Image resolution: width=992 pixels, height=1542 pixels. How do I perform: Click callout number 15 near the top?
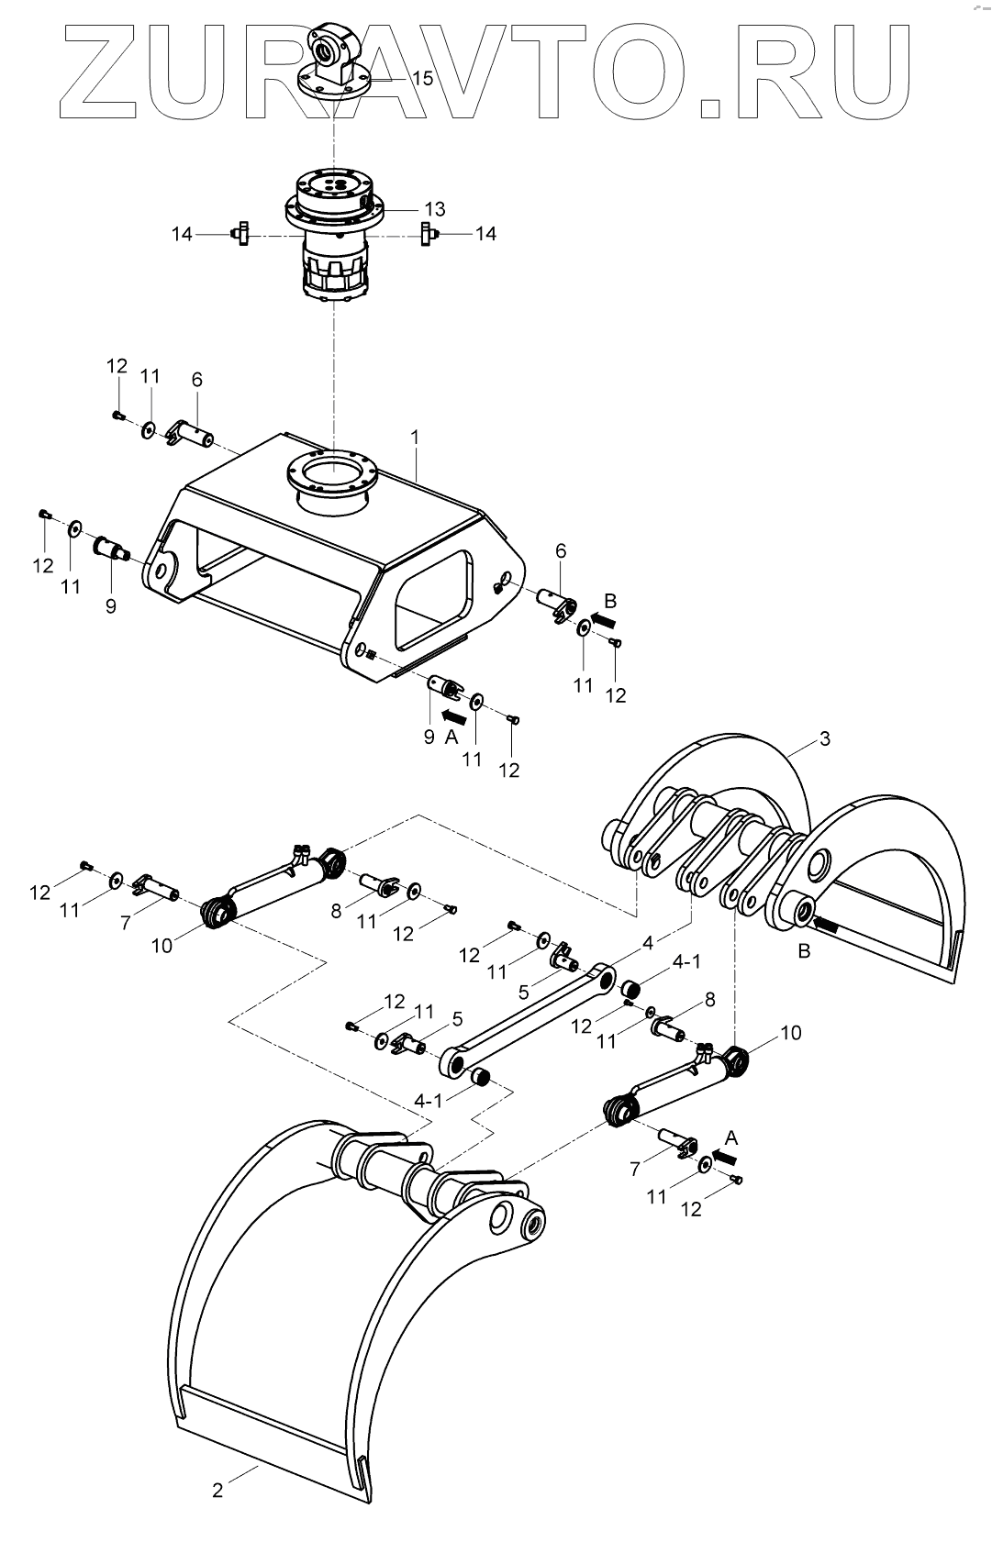pyautogui.click(x=422, y=78)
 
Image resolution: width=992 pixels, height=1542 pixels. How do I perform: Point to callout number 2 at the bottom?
pyautogui.click(x=217, y=1491)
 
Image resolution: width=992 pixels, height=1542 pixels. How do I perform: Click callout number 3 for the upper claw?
pyautogui.click(x=825, y=738)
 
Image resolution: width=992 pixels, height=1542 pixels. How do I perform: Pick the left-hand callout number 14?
pyautogui.click(x=183, y=234)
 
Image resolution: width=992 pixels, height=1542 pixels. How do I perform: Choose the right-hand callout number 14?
pyautogui.click(x=485, y=234)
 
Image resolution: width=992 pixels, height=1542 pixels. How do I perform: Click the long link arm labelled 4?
pyautogui.click(x=532, y=1020)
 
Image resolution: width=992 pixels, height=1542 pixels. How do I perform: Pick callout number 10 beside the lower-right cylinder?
pyautogui.click(x=790, y=1033)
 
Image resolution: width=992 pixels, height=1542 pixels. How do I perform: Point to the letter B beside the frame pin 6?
pyautogui.click(x=610, y=601)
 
